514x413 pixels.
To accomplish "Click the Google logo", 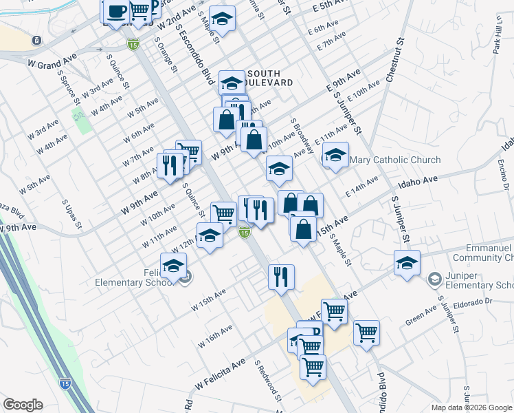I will point(23,405).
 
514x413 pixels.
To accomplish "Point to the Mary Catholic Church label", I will point(395,160).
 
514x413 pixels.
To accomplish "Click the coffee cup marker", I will point(117,12).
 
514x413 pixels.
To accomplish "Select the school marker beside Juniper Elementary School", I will point(407,264).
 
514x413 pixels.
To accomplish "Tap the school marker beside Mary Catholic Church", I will point(335,156).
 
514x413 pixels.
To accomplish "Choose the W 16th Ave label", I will point(214,335).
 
